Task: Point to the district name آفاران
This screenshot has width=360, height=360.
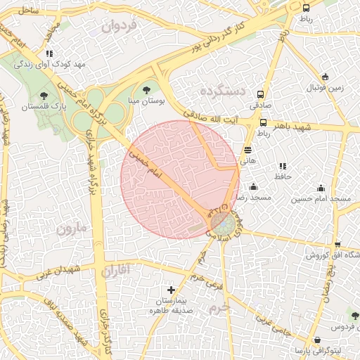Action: pyautogui.click(x=116, y=270)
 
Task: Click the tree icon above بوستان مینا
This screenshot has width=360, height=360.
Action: pyautogui.click(x=146, y=89)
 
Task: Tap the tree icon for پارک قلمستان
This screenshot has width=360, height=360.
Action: pyautogui.click(x=44, y=94)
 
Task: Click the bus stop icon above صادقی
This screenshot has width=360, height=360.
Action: pyautogui.click(x=261, y=94)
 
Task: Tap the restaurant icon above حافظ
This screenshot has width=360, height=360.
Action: pyautogui.click(x=283, y=165)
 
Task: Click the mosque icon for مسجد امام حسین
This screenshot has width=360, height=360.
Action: pyautogui.click(x=321, y=188)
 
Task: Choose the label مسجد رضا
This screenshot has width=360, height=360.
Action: pyautogui.click(x=247, y=198)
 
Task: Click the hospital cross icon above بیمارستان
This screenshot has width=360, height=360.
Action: pyautogui.click(x=170, y=290)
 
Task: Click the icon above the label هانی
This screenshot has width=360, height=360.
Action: pyautogui.click(x=247, y=150)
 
